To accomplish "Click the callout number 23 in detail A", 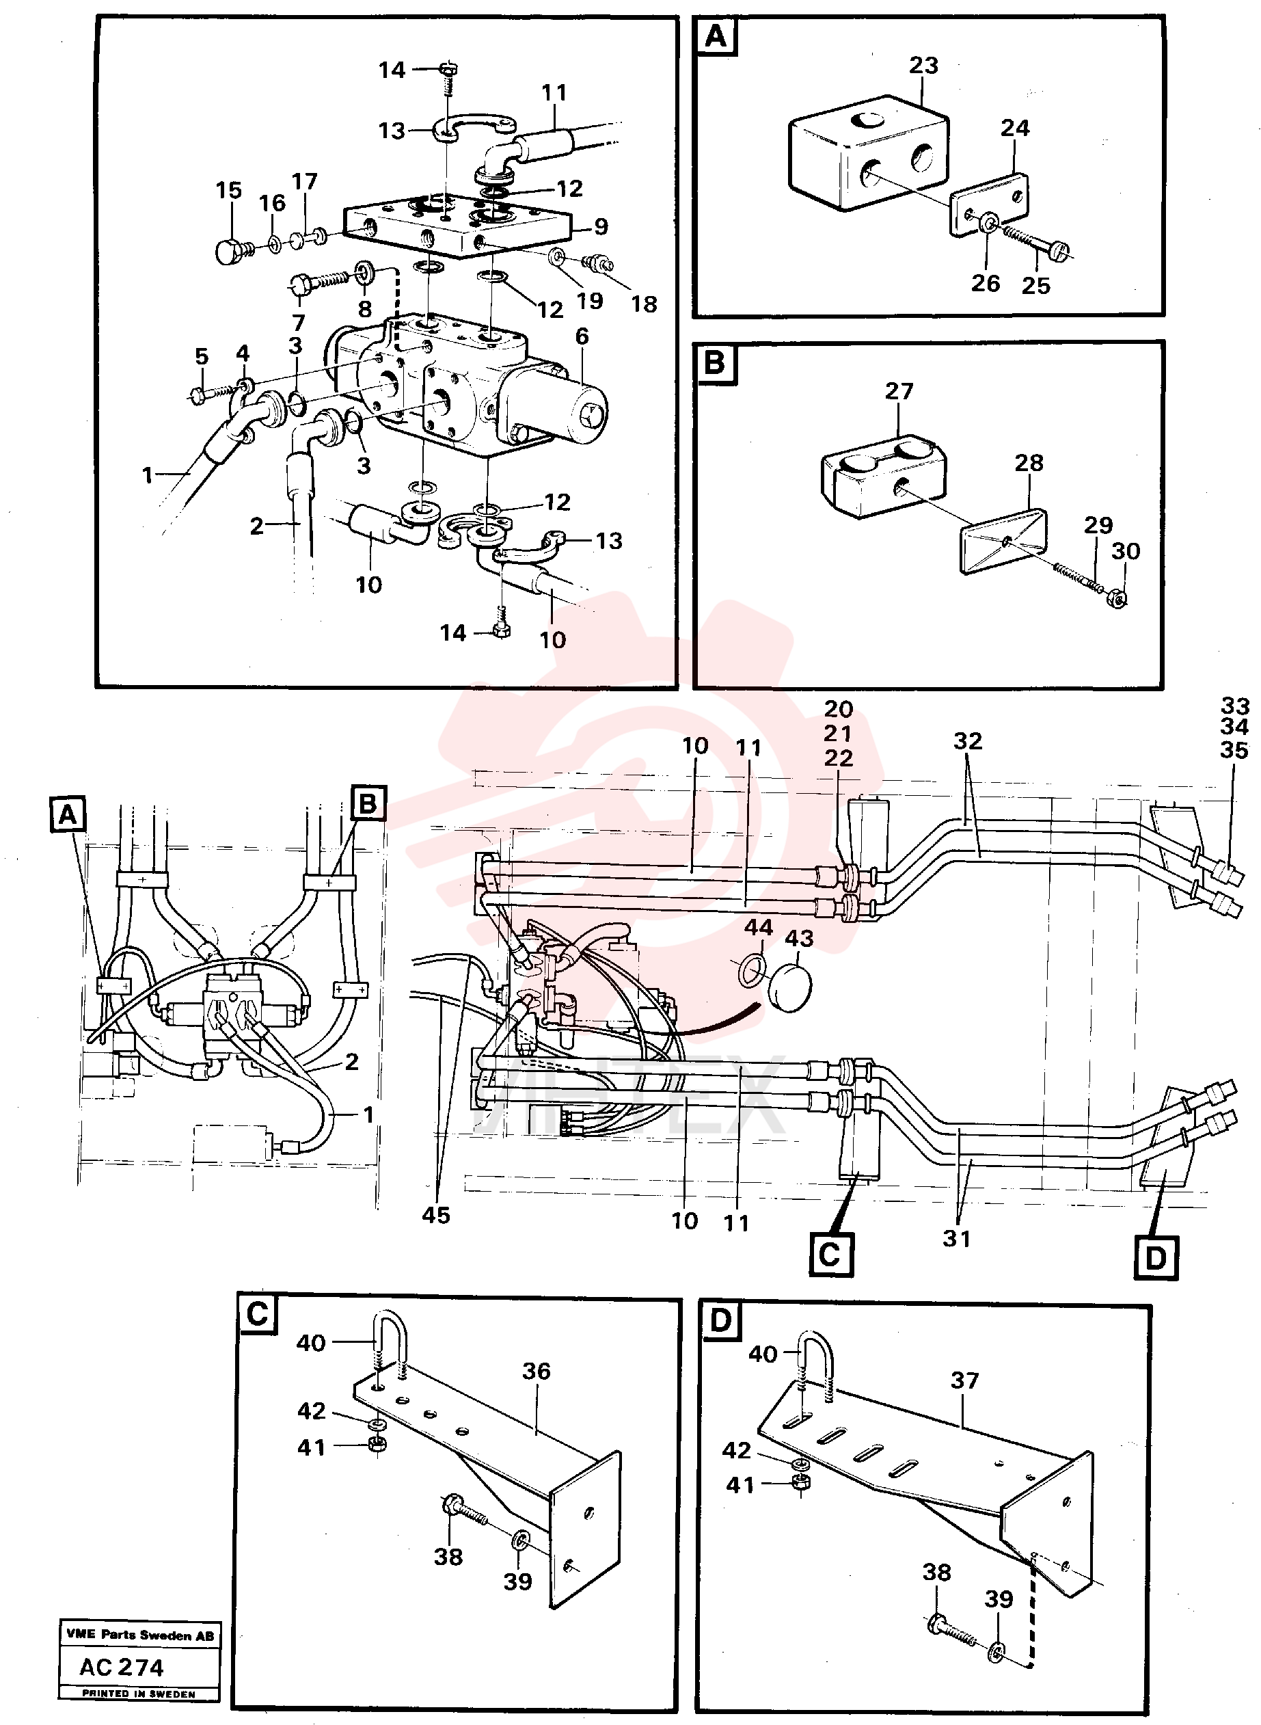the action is pos(923,66).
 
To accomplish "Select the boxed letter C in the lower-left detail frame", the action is pos(258,1313).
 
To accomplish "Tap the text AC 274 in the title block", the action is pos(122,1667).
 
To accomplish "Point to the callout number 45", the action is pos(436,1215).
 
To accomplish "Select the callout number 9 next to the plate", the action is pos(601,226).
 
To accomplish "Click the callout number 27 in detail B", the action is pos(899,391).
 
